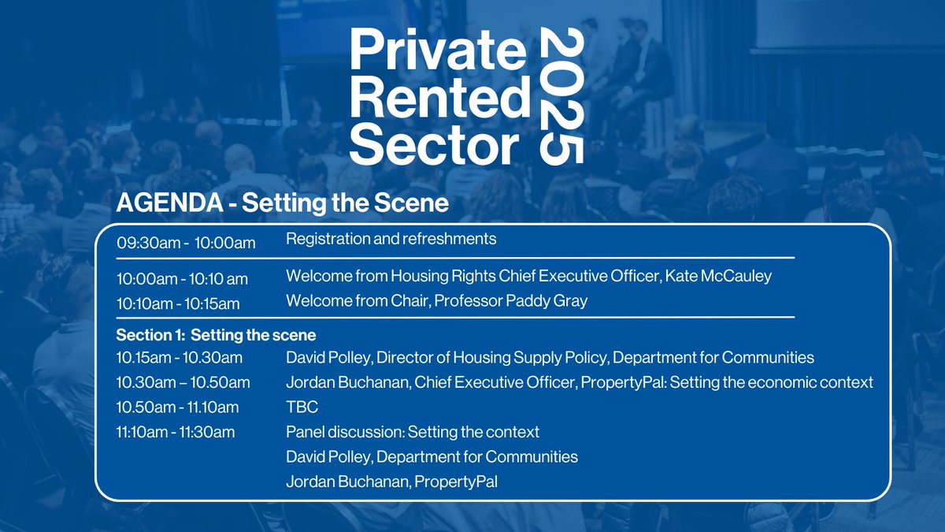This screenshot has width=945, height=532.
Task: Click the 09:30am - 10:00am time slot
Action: [186, 243]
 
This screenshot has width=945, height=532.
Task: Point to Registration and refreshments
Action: [391, 237]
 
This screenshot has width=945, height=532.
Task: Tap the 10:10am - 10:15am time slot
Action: [178, 303]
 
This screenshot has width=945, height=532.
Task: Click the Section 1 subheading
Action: [216, 334]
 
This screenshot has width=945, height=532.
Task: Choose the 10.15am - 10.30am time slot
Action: [180, 358]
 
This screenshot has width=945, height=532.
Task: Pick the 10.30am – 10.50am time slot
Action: [183, 383]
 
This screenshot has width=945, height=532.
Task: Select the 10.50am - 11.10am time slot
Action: [178, 407]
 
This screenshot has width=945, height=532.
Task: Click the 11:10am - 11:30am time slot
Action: [176, 432]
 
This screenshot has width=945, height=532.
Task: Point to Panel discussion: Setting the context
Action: [413, 432]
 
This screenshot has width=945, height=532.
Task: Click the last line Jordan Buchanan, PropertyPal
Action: [391, 481]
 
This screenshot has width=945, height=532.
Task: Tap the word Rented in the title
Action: [440, 99]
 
